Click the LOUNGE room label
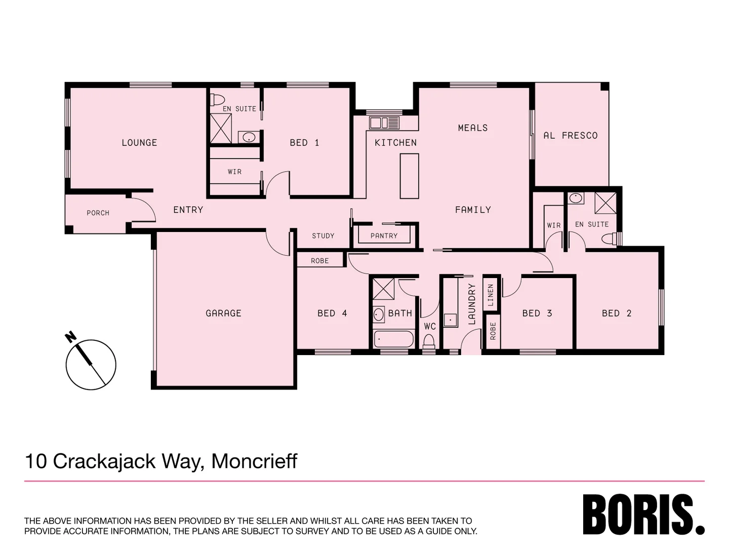(139, 143)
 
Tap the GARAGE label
(223, 314)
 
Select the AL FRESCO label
(571, 136)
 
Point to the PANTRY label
(384, 236)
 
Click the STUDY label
(323, 236)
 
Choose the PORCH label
(98, 213)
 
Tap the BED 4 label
(332, 314)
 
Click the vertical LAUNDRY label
(472, 304)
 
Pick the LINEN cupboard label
(490, 295)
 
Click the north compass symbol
(91, 364)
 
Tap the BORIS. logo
(643, 515)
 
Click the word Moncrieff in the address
(254, 461)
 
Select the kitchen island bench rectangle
(410, 176)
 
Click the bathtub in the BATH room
(393, 338)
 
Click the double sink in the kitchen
(384, 123)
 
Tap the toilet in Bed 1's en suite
(218, 99)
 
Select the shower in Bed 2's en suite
(605, 203)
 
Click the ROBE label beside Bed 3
(493, 331)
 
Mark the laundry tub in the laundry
(450, 320)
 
